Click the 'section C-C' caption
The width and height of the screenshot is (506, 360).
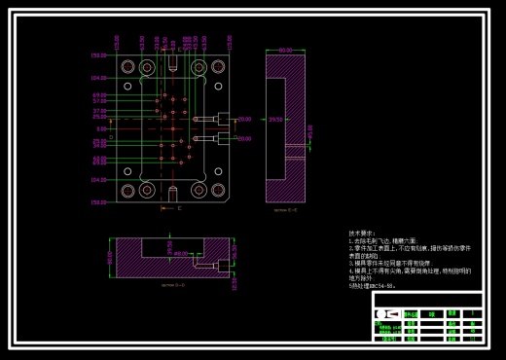click(285, 208)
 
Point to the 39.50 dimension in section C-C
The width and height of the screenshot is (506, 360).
click(276, 120)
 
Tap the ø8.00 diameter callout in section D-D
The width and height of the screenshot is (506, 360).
click(180, 254)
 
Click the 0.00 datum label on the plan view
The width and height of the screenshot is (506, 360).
click(100, 128)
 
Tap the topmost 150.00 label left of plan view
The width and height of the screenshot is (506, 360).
click(99, 54)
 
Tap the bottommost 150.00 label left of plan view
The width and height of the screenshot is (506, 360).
click(99, 202)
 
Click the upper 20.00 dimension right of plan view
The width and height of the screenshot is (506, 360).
click(243, 119)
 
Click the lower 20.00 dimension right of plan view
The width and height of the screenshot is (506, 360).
click(243, 138)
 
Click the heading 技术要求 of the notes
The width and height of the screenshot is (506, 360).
click(361, 234)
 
